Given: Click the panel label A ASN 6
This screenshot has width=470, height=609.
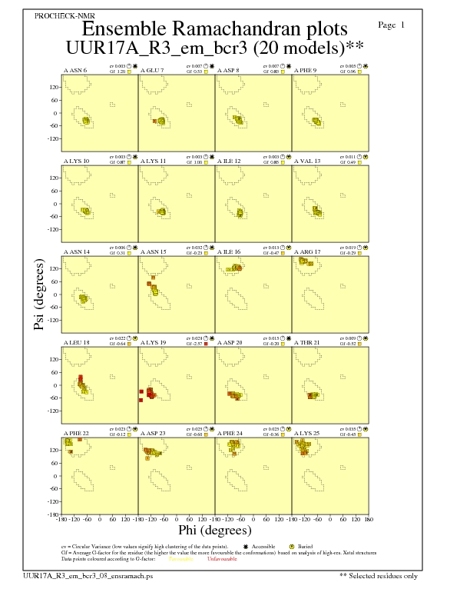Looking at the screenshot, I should (x=74, y=70).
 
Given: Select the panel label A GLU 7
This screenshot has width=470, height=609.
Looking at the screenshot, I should (x=152, y=70).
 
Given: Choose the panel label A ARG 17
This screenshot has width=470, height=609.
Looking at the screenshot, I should (x=307, y=251).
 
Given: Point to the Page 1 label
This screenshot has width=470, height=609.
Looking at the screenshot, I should (x=392, y=25).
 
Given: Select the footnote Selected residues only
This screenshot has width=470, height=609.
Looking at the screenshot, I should (x=381, y=575).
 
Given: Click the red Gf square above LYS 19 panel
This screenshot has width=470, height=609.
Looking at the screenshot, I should (x=206, y=343).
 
